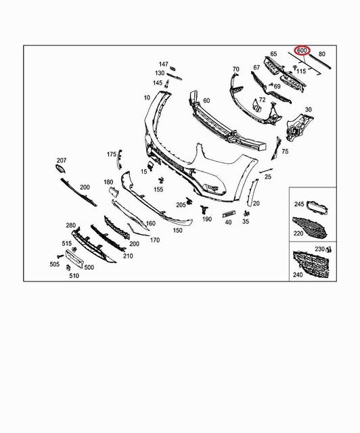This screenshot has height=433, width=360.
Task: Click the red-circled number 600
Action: [x=302, y=50]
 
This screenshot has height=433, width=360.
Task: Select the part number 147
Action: [x=163, y=64]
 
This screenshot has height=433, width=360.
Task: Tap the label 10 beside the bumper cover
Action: [x=147, y=98]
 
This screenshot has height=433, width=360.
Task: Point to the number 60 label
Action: [x=206, y=101]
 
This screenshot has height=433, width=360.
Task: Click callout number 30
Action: [x=308, y=110]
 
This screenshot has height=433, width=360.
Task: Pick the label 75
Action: [x=285, y=152]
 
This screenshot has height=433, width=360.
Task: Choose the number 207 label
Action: [x=62, y=160]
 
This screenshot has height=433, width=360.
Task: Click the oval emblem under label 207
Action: [x=61, y=168]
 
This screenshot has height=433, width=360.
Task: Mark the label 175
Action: [x=112, y=155]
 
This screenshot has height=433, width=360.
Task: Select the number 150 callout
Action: [x=177, y=231]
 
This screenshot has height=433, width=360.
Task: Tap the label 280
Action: [x=70, y=225]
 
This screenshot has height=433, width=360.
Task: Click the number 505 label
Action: [x=55, y=265]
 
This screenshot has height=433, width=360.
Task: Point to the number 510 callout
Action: [x=74, y=275]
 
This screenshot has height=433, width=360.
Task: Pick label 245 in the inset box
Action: [x=300, y=204]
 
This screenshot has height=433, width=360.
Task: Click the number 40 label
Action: [x=228, y=222]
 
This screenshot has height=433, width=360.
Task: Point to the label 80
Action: [x=322, y=53]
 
